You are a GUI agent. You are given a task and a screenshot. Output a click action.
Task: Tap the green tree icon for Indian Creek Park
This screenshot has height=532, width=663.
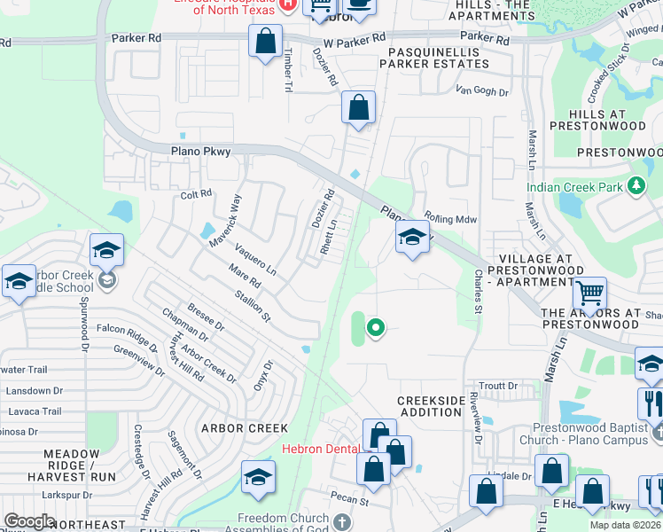tap(635, 187)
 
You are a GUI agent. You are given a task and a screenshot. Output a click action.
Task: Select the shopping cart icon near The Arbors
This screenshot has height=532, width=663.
tap(589, 292)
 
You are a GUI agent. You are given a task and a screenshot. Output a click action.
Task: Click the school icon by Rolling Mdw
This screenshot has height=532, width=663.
tap(411, 238)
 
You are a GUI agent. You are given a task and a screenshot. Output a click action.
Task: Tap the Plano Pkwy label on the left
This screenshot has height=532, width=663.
tap(200, 152)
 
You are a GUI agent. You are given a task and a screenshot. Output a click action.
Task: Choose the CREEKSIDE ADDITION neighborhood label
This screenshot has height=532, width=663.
tap(431, 406)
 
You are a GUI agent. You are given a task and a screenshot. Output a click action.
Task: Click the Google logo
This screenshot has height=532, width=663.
tap(29, 520)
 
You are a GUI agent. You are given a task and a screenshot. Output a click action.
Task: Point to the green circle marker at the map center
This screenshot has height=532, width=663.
tap(376, 328)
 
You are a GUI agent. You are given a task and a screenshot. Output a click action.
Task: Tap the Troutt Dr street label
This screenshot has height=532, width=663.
tap(499, 386)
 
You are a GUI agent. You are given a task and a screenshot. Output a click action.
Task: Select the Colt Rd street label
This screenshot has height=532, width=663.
tap(196, 194)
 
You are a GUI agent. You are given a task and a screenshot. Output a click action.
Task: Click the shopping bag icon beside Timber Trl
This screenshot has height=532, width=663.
tap(265, 41)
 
